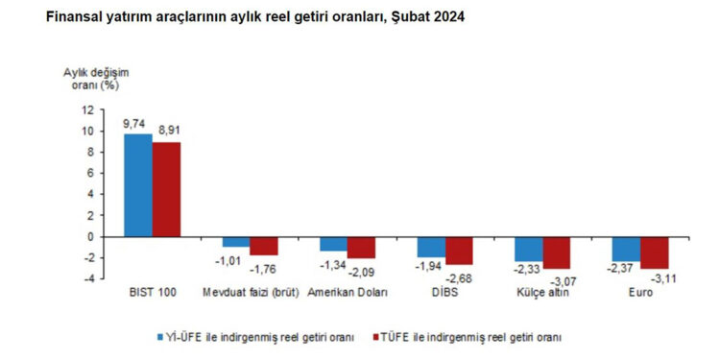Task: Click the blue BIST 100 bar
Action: [x=138, y=185]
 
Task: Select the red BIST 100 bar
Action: [x=166, y=189]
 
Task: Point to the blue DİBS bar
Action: [x=431, y=247]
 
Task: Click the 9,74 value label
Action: [x=133, y=124]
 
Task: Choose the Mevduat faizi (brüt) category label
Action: [x=249, y=293]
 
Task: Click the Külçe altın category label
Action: [x=543, y=293]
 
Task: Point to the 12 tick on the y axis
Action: [x=88, y=109]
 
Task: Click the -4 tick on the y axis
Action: [x=89, y=278]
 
